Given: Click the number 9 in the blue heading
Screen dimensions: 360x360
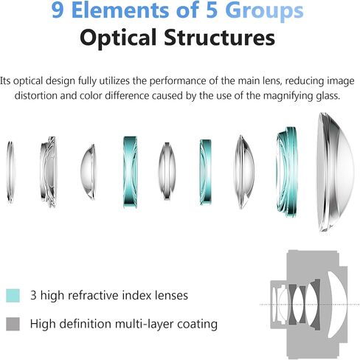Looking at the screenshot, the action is (58, 10).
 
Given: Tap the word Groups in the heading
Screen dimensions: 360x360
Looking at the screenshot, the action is (264, 12).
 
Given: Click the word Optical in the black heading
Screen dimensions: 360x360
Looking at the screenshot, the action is (118, 38).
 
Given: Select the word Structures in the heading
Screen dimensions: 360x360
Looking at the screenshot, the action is (219, 37).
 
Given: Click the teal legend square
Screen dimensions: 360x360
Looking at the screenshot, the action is (13, 295).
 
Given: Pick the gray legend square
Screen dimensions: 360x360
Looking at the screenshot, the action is (13, 324).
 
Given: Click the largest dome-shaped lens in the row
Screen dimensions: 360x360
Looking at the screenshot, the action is (336, 172).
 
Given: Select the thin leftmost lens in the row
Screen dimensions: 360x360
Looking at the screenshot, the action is (10, 172).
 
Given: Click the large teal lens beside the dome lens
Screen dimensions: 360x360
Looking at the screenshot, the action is (287, 172).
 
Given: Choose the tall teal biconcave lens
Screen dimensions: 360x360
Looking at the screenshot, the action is (130, 172).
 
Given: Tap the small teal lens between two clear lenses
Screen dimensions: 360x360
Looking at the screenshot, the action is (205, 172).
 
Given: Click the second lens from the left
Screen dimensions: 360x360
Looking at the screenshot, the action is (49, 172).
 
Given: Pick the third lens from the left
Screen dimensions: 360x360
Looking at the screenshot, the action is (88, 172).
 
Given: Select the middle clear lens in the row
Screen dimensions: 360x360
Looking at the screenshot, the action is (167, 171).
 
